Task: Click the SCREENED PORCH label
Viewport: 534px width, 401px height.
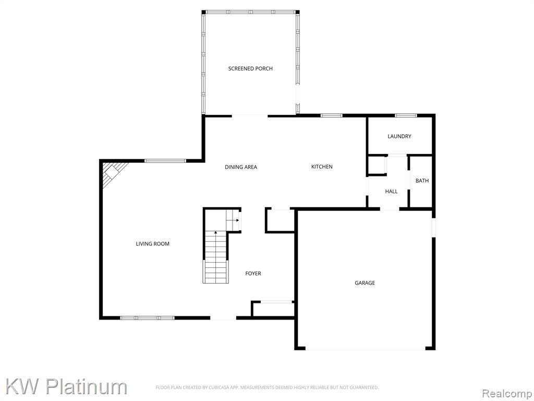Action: pyautogui.click(x=250, y=68)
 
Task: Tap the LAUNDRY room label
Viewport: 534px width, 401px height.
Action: pyautogui.click(x=399, y=136)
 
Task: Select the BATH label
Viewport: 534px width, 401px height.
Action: pyautogui.click(x=422, y=181)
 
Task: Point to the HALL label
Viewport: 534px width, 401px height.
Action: pyautogui.click(x=391, y=192)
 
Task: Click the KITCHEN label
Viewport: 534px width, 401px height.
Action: pyautogui.click(x=322, y=167)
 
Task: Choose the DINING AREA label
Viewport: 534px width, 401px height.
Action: pyautogui.click(x=241, y=167)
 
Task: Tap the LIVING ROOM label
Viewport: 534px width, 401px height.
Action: pyautogui.click(x=153, y=244)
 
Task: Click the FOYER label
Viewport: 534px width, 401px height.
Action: pyautogui.click(x=253, y=274)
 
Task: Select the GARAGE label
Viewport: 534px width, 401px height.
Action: pyautogui.click(x=365, y=283)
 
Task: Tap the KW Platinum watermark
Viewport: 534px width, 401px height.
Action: pyautogui.click(x=66, y=387)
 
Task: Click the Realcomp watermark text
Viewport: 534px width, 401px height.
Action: pyautogui.click(x=506, y=394)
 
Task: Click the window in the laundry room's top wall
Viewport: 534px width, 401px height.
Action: pyautogui.click(x=406, y=115)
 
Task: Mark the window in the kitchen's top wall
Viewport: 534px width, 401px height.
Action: pyautogui.click(x=331, y=115)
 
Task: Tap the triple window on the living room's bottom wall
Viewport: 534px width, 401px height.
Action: pyautogui.click(x=147, y=318)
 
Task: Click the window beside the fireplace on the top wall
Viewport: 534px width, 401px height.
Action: pyautogui.click(x=165, y=161)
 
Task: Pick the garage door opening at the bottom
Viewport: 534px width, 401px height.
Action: pyautogui.click(x=365, y=349)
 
